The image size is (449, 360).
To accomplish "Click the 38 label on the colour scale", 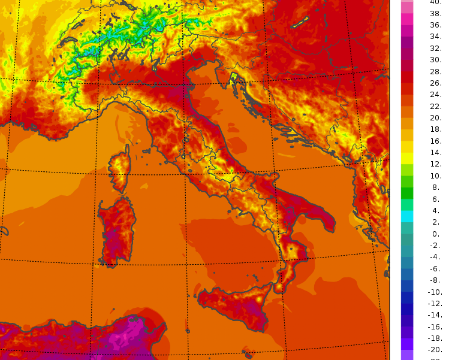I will coord(436,13).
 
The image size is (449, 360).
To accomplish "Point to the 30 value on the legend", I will coord(436,60).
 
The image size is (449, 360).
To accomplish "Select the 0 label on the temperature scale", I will coord(436,234).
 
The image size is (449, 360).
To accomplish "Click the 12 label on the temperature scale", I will coord(436,164).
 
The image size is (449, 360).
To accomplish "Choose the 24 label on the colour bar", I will coord(436,95).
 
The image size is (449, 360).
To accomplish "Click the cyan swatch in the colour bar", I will coord(407,216).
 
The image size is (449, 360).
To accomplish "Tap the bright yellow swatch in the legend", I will coord(407,158).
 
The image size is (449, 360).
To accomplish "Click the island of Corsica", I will coord(120,168).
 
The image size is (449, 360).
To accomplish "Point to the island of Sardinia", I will coord(117,231).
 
